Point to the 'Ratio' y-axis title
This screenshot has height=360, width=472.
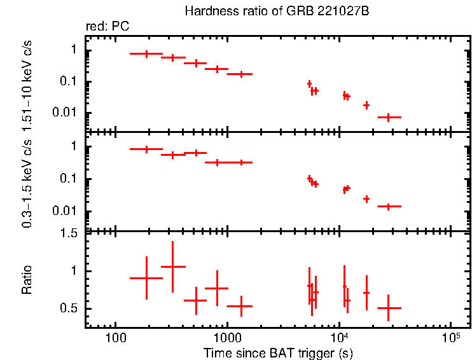[27, 280]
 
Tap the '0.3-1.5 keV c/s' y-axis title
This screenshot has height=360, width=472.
[27, 181]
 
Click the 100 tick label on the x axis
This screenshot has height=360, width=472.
[115, 337]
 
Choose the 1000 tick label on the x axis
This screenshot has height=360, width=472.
[226, 337]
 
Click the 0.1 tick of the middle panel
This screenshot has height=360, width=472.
[71, 179]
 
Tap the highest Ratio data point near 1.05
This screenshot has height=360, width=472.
[172, 267]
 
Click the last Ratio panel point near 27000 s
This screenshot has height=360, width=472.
[388, 308]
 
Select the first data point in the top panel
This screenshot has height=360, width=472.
[146, 54]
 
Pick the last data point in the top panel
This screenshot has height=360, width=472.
[388, 117]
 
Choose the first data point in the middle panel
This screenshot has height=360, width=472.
[146, 149]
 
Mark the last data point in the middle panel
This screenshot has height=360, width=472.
[388, 206]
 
